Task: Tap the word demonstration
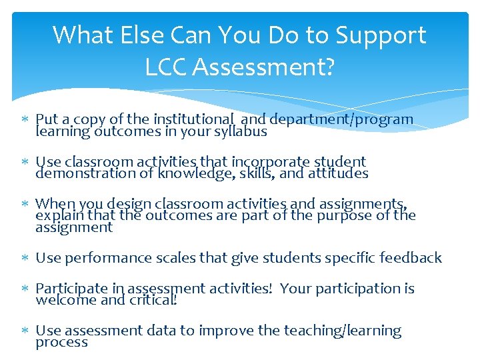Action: click(75, 173)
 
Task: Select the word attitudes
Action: click(333, 173)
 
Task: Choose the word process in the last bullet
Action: click(61, 343)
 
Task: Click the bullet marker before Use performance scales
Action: click(25, 258)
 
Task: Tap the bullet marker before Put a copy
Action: click(25, 119)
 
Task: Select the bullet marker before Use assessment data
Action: click(25, 331)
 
